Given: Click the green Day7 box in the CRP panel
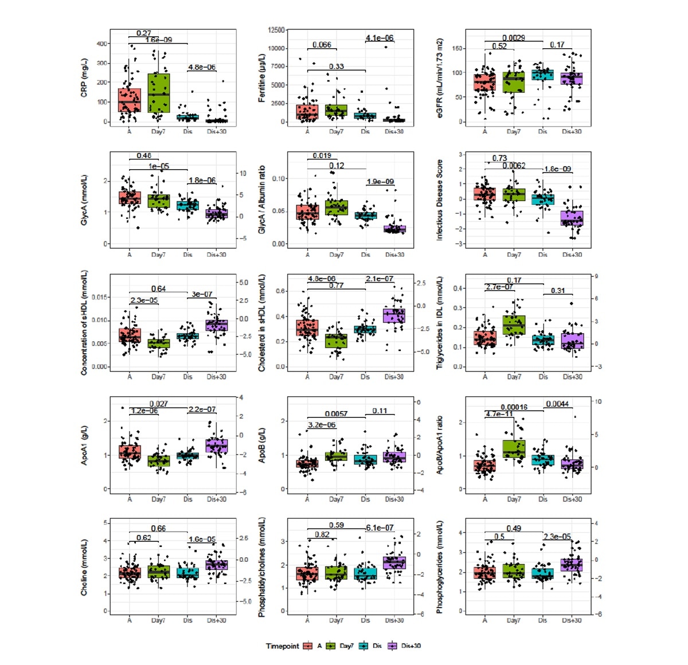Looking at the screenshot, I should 158,93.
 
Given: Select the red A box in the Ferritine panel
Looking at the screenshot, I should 307,112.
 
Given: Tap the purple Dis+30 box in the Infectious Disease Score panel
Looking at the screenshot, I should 572,218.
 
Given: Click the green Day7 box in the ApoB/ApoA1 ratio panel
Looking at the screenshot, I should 514,449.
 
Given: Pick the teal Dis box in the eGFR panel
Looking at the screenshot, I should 542,75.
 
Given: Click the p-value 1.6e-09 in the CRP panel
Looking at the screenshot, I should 158,40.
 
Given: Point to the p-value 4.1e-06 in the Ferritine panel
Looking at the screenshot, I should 380,38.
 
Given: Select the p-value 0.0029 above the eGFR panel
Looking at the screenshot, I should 514,38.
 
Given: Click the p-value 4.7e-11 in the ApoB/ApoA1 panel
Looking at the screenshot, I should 499,414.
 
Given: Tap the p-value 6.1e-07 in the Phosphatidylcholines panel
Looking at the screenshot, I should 380,527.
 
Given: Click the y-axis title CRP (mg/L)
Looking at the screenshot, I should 84,77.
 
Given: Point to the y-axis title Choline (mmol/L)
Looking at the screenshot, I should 84,567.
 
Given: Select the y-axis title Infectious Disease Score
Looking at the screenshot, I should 440,199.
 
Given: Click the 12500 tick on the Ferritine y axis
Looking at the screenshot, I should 276,30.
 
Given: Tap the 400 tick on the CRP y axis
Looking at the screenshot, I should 102,44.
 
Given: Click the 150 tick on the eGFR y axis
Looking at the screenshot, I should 457,48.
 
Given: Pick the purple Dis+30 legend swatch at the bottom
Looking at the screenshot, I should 393,646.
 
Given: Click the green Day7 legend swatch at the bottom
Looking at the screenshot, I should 331,646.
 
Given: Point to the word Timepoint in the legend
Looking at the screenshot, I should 282,646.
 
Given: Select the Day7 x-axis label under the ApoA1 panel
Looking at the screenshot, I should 158,499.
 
